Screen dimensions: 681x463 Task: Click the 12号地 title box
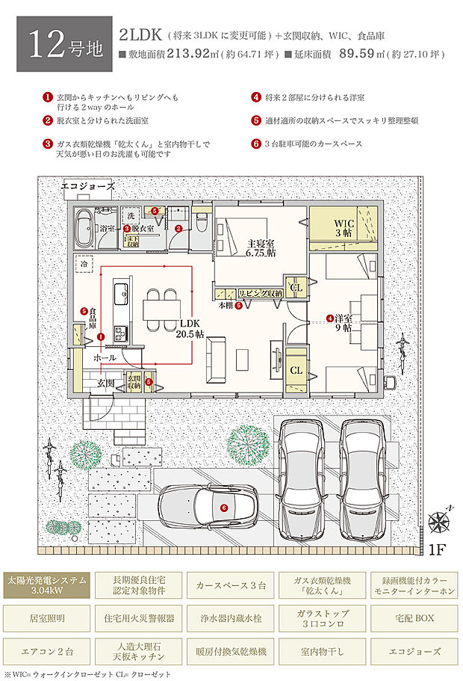(x=59, y=46)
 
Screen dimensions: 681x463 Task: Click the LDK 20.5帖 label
(x=190, y=330)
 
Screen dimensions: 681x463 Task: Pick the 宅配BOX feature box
(x=414, y=618)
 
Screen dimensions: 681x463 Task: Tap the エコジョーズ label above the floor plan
(x=87, y=185)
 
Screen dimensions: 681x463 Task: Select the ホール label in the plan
(x=105, y=357)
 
